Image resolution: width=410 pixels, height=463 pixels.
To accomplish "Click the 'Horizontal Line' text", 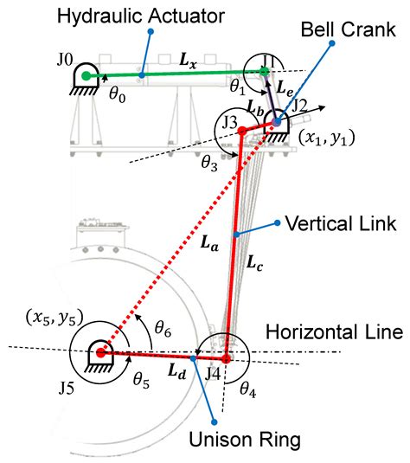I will pos(335,331).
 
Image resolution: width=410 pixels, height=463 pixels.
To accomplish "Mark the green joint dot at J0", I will pos(86,76).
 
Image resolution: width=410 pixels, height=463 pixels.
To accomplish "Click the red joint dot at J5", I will pos(100,352).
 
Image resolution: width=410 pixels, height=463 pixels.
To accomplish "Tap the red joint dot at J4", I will pos(226,357).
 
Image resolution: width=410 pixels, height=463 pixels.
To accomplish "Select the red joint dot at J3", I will pos(243,131).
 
